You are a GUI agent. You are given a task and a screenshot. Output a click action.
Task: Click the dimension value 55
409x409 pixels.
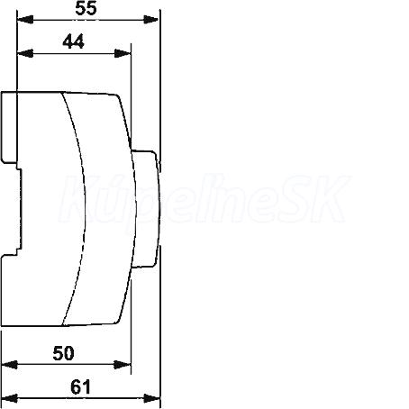tap(86, 8)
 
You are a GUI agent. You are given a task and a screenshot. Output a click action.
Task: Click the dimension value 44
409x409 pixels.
tap(74, 41)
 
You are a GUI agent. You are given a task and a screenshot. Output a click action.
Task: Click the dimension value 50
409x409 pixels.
tap(63, 353)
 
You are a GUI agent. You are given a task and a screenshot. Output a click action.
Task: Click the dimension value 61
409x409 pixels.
tap(80, 386)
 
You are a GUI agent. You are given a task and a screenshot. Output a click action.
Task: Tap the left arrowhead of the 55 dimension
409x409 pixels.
tap(25, 20)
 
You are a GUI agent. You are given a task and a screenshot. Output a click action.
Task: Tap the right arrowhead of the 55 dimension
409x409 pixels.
tap(151, 20)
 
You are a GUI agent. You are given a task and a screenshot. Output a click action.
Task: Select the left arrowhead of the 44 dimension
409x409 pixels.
tap(25, 53)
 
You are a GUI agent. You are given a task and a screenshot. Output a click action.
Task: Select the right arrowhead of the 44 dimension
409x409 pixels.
tap(123, 53)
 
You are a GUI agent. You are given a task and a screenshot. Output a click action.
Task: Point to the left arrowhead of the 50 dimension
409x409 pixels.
tap(9, 365)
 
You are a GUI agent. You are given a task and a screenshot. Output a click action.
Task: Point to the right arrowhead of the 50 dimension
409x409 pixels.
tap(123, 365)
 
